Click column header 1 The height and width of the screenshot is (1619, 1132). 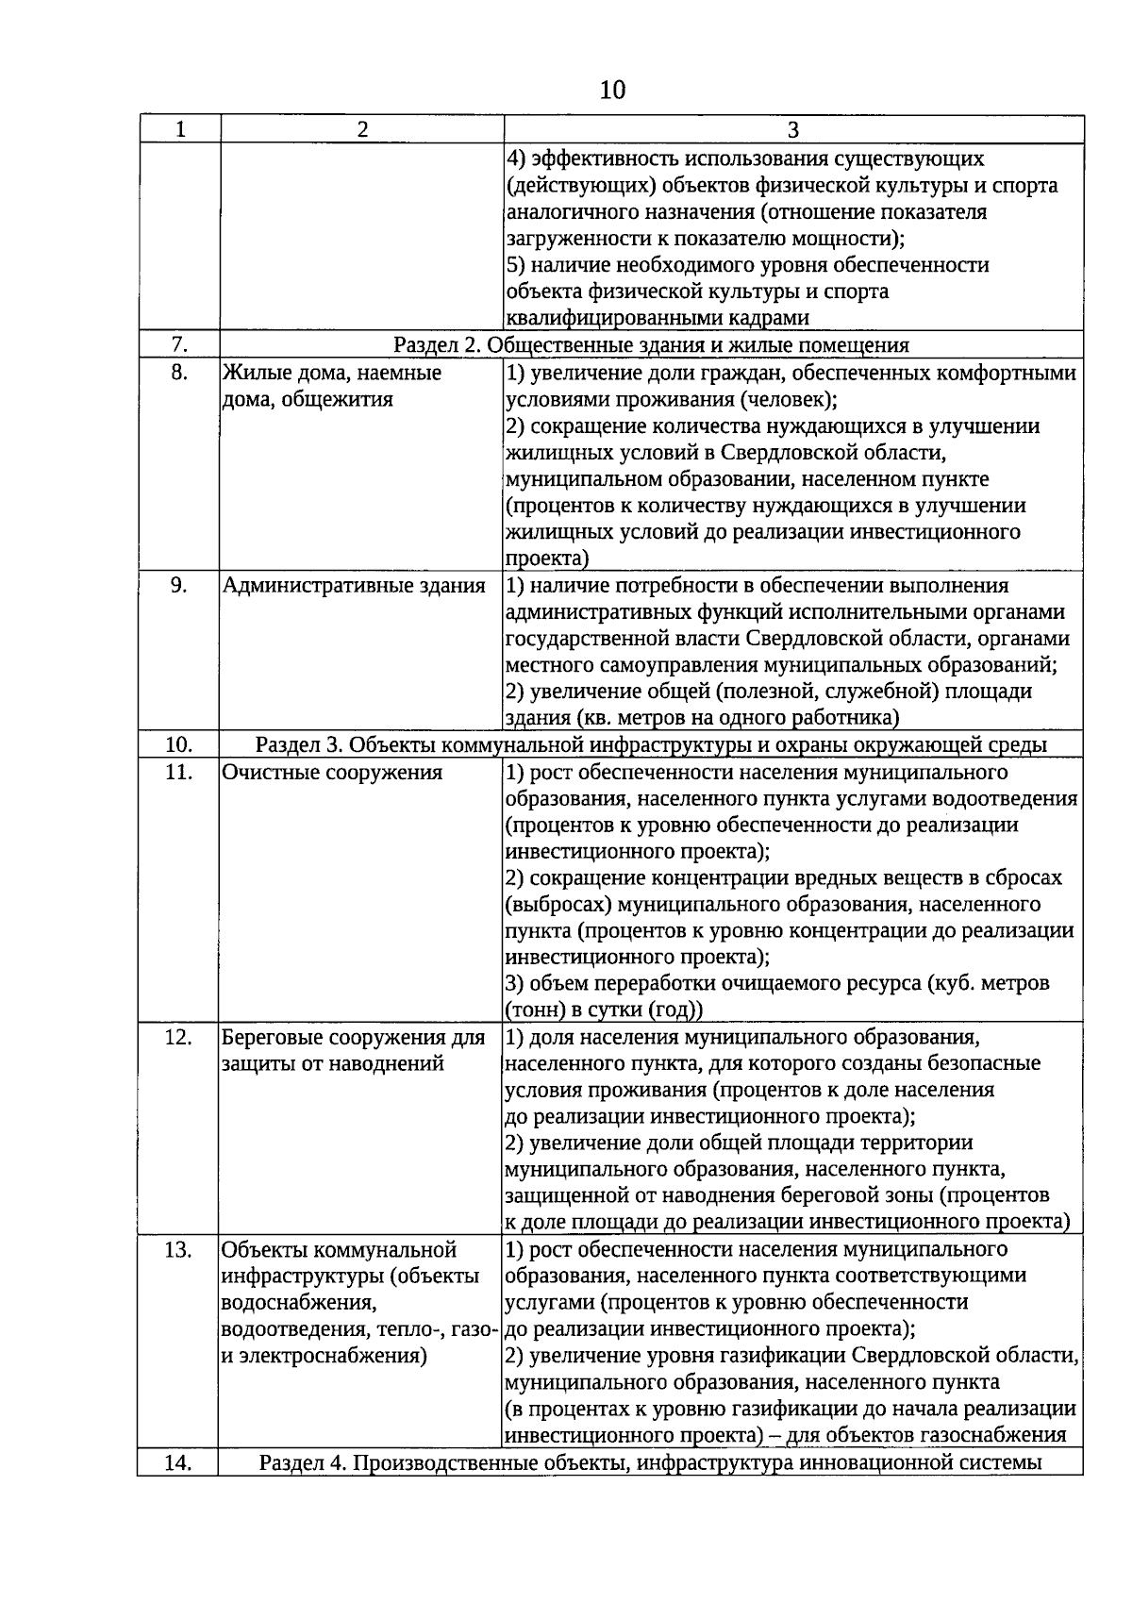(x=180, y=129)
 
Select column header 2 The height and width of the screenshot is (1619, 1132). (x=361, y=129)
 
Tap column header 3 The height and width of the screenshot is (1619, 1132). (x=792, y=129)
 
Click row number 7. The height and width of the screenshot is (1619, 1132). (x=179, y=345)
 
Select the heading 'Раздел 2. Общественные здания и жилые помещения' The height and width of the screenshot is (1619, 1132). (x=651, y=345)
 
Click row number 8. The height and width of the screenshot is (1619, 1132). (x=179, y=373)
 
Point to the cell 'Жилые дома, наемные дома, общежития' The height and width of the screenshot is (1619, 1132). (x=331, y=386)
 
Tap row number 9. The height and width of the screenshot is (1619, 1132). (x=179, y=586)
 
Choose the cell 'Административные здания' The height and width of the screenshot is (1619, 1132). (x=354, y=586)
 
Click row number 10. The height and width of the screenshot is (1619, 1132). (x=179, y=745)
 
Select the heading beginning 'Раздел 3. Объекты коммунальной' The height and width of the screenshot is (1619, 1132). (x=651, y=745)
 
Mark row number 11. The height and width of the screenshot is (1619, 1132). (x=179, y=773)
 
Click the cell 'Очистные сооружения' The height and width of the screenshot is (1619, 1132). (x=332, y=773)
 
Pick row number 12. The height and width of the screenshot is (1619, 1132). (x=179, y=1038)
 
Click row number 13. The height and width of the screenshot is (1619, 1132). (x=179, y=1250)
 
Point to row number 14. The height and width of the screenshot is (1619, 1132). (x=179, y=1463)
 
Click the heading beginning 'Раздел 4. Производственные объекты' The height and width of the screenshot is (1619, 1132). (x=651, y=1463)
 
